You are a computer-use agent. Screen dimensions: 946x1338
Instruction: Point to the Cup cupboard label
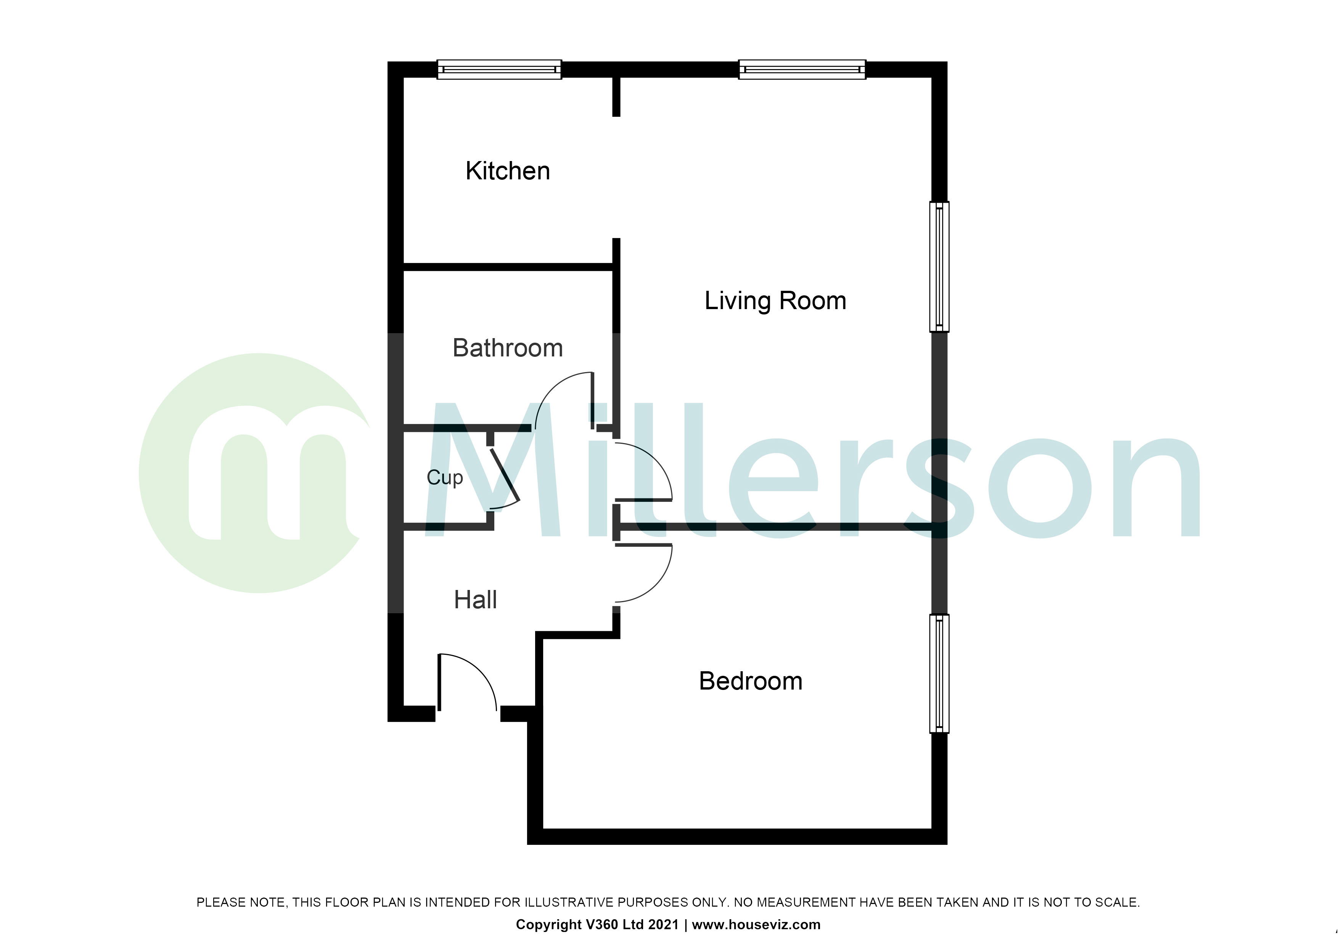[x=445, y=477]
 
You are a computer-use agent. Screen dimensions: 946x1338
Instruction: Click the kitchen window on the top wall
[x=499, y=69]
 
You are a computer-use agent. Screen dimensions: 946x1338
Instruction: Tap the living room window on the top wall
[x=802, y=69]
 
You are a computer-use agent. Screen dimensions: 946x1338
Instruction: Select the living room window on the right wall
[x=939, y=266]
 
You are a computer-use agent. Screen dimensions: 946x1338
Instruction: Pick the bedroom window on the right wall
[x=939, y=673]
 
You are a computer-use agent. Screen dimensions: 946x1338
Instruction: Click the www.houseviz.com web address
[x=756, y=924]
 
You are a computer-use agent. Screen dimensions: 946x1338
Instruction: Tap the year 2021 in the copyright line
[x=663, y=924]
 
